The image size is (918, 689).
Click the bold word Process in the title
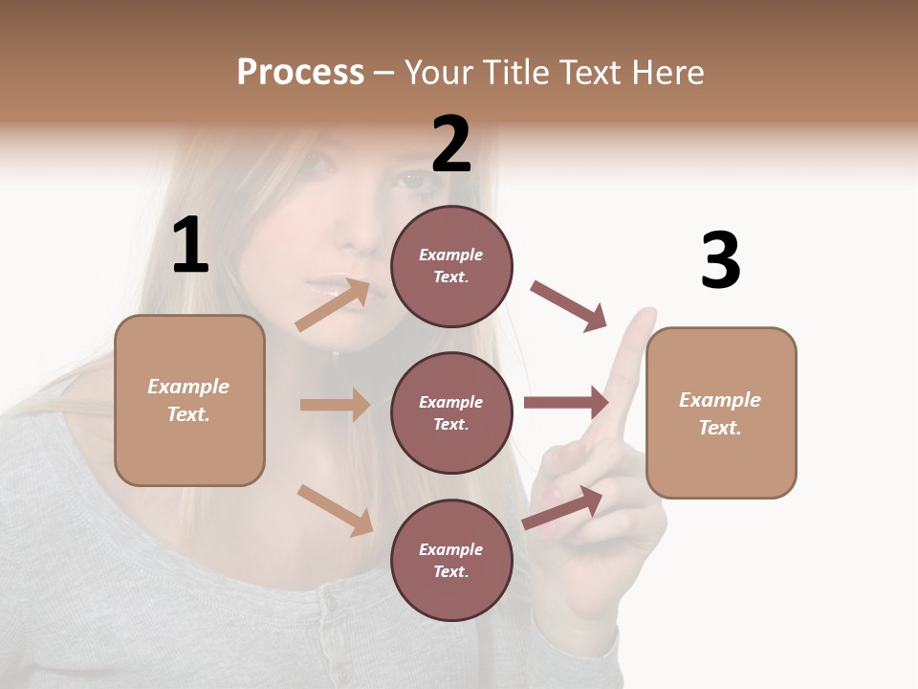(300, 73)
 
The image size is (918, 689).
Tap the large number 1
(190, 245)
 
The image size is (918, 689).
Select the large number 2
(451, 144)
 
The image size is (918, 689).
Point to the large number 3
(720, 260)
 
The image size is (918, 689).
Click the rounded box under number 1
(189, 400)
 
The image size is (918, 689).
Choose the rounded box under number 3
(721, 412)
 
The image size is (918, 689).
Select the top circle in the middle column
(451, 266)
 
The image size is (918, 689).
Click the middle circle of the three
(451, 412)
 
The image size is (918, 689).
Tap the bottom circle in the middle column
(451, 560)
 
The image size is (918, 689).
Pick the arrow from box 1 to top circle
(333, 305)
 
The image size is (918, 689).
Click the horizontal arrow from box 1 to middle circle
(335, 405)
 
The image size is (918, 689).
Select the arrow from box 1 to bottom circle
(335, 510)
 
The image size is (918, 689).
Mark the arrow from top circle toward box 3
(569, 306)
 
